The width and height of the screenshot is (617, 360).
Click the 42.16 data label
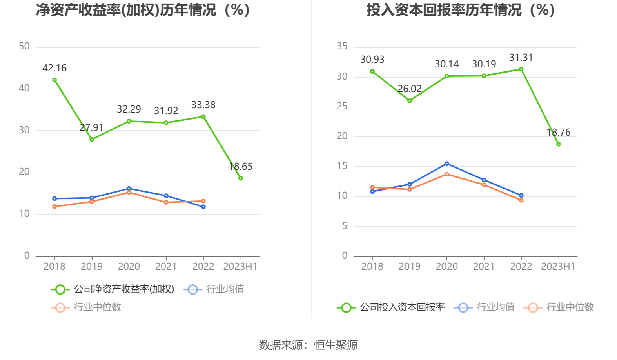click(54, 68)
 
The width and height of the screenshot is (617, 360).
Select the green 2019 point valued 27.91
click(92, 139)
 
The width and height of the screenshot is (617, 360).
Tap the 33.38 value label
click(203, 105)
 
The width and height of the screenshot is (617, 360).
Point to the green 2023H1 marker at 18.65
click(240, 178)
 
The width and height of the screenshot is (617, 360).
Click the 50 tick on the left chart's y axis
click(24, 47)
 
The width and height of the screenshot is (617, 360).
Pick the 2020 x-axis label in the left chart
click(129, 267)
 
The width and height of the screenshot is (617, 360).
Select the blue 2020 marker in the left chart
click(129, 189)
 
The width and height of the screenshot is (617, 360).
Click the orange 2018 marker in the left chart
click(54, 206)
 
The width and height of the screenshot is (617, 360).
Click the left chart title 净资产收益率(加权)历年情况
click(143, 10)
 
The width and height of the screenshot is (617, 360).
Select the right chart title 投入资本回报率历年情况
click(461, 10)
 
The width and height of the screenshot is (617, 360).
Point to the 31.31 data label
click(521, 58)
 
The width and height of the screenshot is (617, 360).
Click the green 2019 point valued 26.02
click(410, 101)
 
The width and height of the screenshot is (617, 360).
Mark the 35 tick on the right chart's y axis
click(342, 47)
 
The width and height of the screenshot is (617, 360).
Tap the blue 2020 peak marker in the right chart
click(447, 164)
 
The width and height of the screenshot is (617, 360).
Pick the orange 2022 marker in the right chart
click(521, 200)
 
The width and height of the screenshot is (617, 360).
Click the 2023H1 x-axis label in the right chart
click(558, 267)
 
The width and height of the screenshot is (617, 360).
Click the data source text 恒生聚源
click(336, 345)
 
